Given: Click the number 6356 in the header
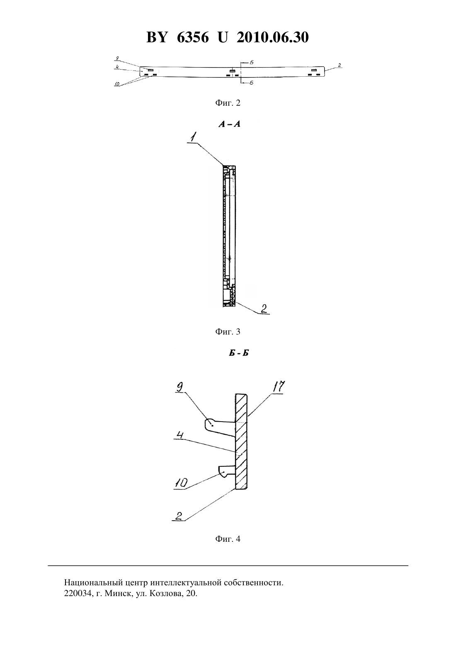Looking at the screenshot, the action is click(193, 37).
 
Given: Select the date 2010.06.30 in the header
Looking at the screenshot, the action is click(273, 37).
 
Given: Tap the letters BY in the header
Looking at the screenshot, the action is click(157, 37).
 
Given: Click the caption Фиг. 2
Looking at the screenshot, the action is click(228, 103).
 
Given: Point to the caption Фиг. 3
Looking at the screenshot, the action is click(228, 332).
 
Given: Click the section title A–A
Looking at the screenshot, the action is click(229, 124).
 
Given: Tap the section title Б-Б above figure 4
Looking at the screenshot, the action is click(239, 353).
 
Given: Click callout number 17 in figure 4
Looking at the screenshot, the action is click(278, 386).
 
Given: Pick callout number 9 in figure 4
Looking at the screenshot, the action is click(180, 387).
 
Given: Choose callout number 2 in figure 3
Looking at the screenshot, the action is click(264, 309).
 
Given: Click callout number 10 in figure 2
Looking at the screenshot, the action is click(117, 84).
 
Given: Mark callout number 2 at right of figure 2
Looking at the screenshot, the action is click(340, 65).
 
